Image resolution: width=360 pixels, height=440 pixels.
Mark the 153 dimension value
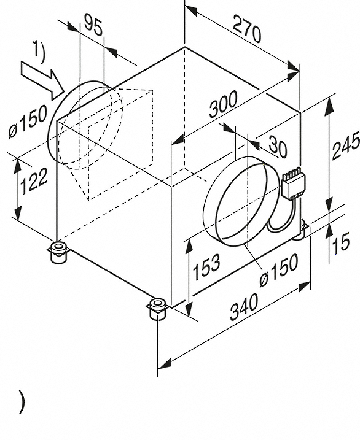[x=209, y=265]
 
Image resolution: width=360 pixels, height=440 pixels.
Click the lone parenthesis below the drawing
[x=22, y=402]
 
